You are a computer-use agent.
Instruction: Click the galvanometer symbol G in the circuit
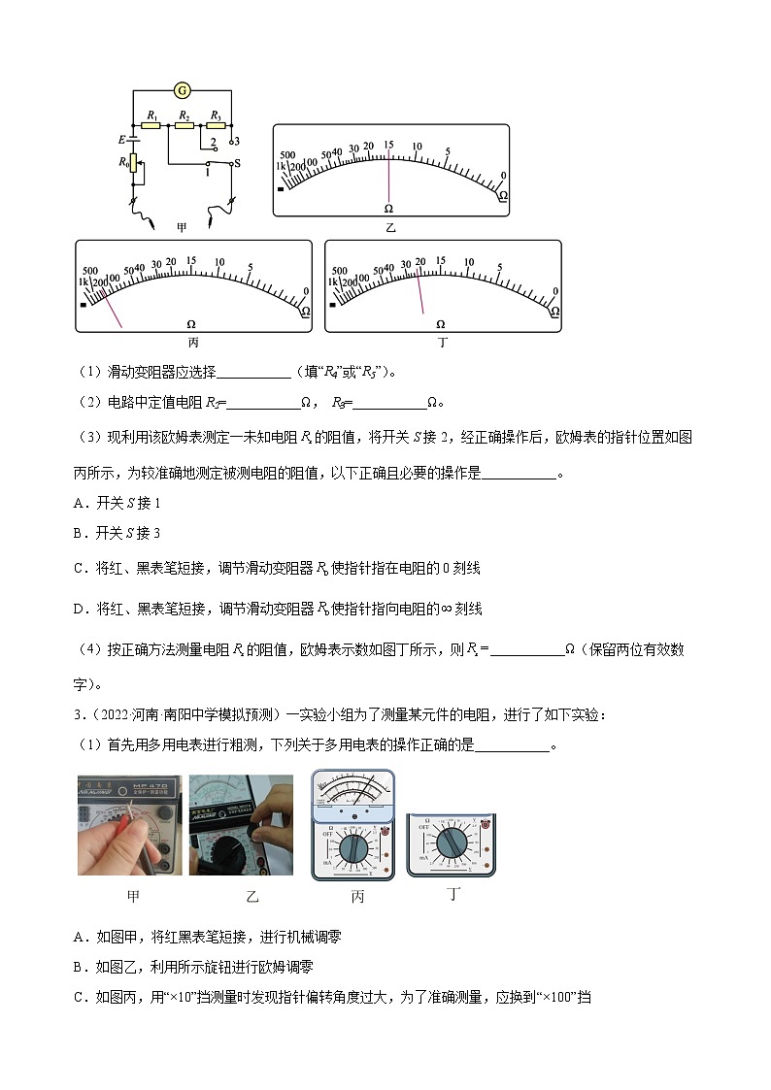[x=181, y=90]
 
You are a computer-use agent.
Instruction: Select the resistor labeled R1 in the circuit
[x=151, y=125]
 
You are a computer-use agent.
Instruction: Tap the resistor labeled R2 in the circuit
[x=183, y=125]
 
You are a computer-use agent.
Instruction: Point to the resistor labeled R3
[x=216, y=125]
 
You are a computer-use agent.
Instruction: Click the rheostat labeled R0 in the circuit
[x=133, y=173]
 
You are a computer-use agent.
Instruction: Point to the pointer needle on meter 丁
[x=420, y=292]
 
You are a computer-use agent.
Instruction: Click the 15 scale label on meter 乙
[x=388, y=146]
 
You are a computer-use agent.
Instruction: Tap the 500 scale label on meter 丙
[x=91, y=271]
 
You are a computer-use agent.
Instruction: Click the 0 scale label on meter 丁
[x=554, y=291]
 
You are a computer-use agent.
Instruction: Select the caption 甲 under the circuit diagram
[x=181, y=227]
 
